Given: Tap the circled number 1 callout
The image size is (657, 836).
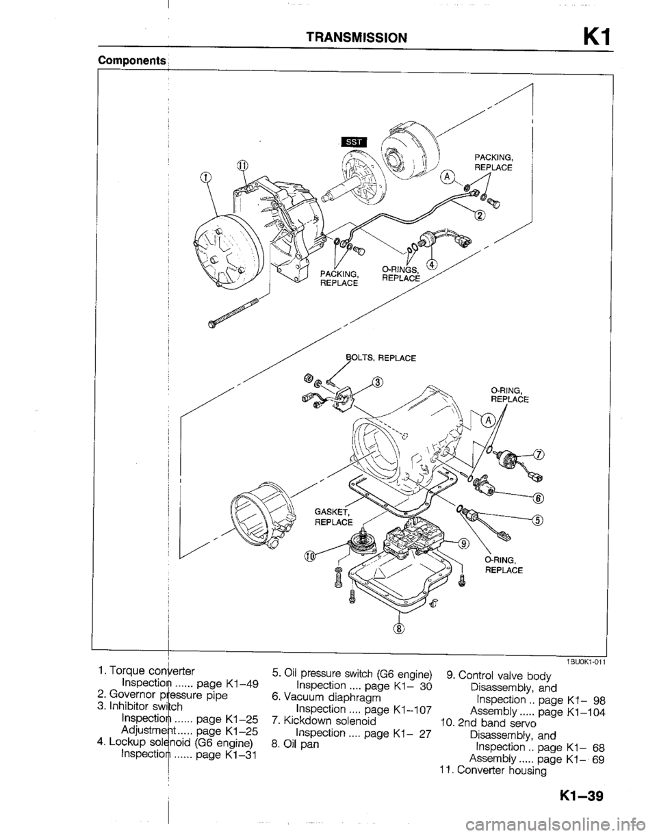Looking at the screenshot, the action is (x=206, y=178).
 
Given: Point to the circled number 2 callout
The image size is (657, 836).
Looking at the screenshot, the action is (x=480, y=215).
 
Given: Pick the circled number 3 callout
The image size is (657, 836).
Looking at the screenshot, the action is (x=378, y=382).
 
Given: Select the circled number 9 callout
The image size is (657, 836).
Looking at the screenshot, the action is (x=465, y=544).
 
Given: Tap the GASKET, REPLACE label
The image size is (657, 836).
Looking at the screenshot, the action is (x=333, y=517).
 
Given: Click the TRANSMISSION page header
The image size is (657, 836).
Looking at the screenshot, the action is (x=356, y=38).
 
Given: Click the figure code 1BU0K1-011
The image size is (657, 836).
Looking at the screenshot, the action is (x=585, y=662).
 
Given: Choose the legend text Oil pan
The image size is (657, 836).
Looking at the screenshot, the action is (x=295, y=744).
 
